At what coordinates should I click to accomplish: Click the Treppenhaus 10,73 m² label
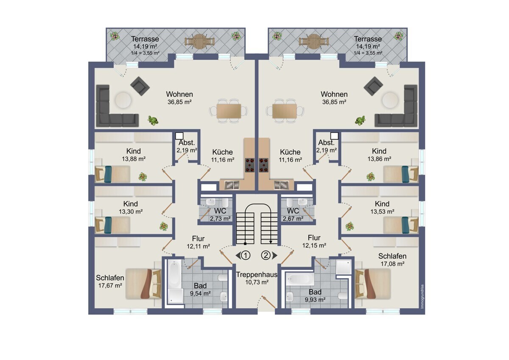click(x=257, y=278)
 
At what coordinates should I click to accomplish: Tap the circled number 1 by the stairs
click(x=246, y=256)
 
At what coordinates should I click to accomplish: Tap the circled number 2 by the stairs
click(x=266, y=256)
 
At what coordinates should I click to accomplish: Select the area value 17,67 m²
click(x=110, y=285)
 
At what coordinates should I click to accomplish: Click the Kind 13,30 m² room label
click(x=131, y=208)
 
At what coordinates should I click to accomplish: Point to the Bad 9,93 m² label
click(x=315, y=295)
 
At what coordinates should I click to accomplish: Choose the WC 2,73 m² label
click(x=220, y=214)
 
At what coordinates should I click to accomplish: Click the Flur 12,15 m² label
click(x=314, y=242)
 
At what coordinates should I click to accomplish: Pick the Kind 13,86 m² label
click(x=379, y=155)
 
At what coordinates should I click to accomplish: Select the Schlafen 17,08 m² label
click(x=392, y=260)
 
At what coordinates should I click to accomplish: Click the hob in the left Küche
click(x=250, y=165)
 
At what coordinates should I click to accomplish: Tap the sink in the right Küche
click(x=281, y=185)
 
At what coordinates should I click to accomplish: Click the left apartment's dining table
click(x=229, y=111)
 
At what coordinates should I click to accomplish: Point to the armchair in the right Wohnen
click(x=373, y=86)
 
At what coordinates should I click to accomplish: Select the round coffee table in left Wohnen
click(x=123, y=100)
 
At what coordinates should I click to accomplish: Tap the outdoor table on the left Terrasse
click(x=199, y=41)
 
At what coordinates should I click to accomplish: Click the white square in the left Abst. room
click(x=179, y=136)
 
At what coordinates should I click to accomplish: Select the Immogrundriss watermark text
click(x=422, y=296)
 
